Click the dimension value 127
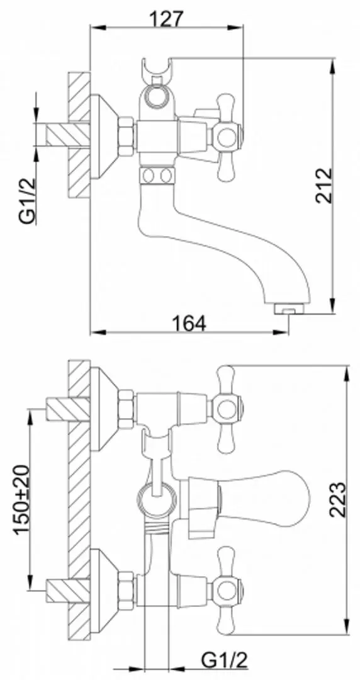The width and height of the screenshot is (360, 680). (167, 20)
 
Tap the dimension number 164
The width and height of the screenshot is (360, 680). (189, 324)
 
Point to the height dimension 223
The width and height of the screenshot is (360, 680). (337, 500)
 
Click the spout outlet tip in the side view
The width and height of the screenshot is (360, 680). (288, 310)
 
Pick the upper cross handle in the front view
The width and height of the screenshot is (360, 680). (225, 409)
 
